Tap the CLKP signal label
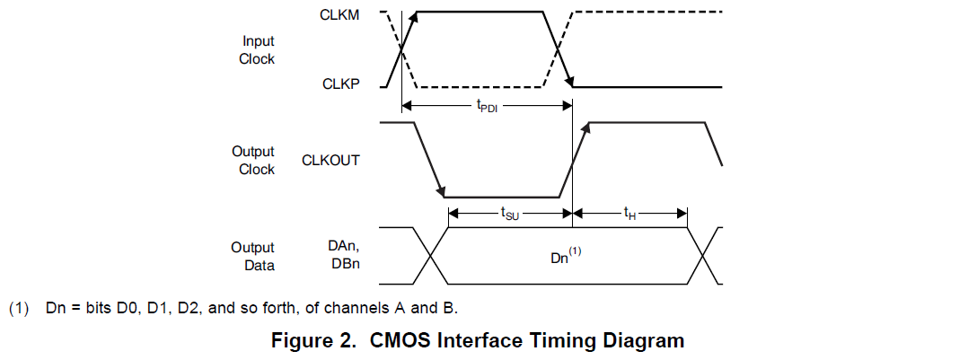coord(341,83)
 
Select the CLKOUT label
coord(330,160)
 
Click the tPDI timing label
coord(487,105)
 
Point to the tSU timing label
coord(510,214)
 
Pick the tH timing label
coord(630,214)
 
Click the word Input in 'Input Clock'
coord(259,41)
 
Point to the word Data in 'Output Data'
coord(260,265)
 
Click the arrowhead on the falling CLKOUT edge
coord(441,189)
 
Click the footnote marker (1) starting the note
coord(19,309)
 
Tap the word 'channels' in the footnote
coord(358,309)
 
